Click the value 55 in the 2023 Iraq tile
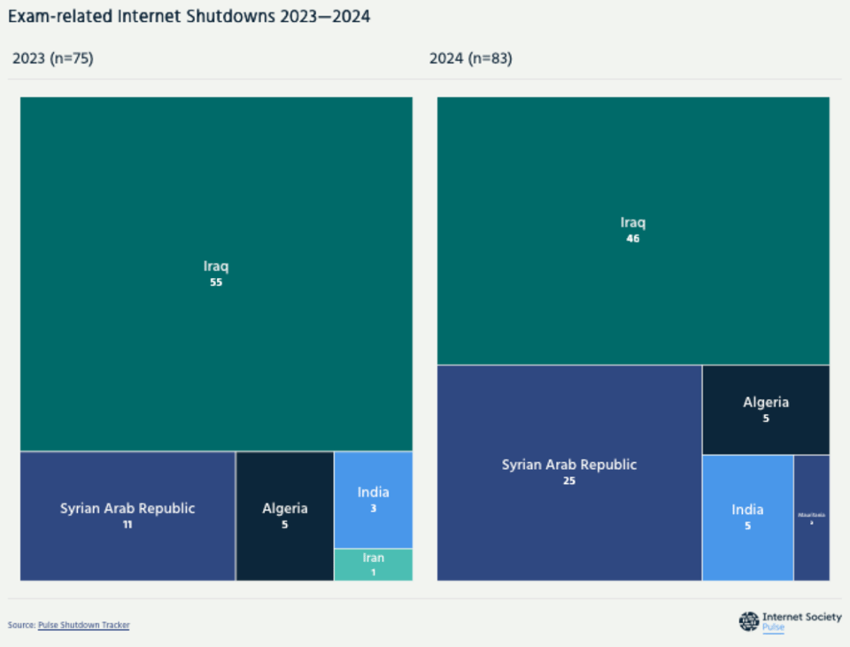tap(216, 282)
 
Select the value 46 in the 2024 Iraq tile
tap(632, 238)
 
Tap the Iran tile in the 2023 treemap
tap(373, 565)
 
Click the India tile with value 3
tap(373, 500)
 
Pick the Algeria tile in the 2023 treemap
tap(284, 516)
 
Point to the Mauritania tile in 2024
tap(811, 518)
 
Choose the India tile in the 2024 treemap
tap(747, 517)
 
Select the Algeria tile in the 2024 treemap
tap(766, 409)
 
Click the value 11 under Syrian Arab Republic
tap(127, 525)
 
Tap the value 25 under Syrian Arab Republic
tap(569, 481)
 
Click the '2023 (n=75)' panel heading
tap(53, 59)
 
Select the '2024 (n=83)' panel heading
tap(470, 59)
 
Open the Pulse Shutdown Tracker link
tap(83, 625)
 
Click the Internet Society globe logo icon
tap(749, 621)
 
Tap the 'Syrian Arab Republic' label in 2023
tap(127, 508)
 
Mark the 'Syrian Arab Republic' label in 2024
tap(569, 465)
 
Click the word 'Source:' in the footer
tap(21, 625)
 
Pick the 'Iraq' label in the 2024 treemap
tap(632, 222)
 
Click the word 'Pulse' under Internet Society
tap(773, 628)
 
